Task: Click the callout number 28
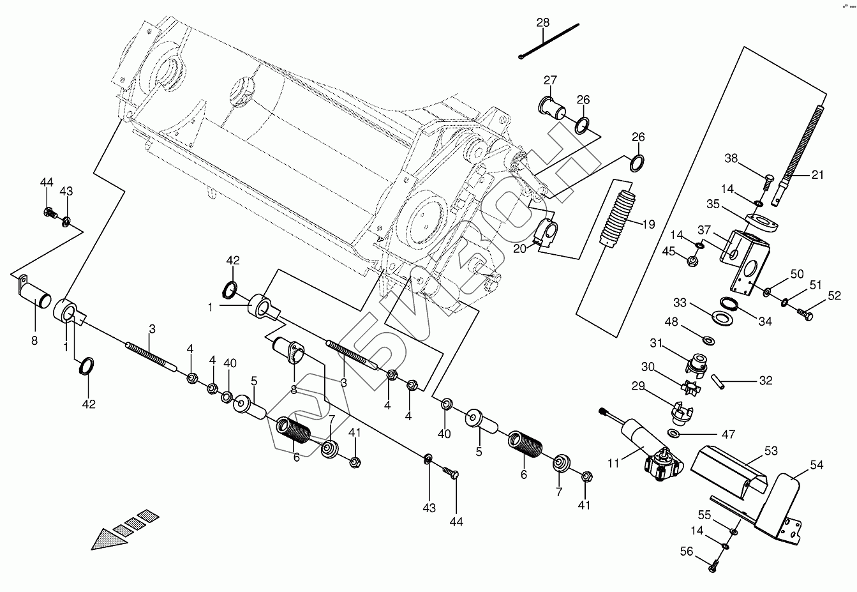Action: [542, 22]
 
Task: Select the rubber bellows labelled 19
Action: [616, 216]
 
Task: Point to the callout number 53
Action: [771, 452]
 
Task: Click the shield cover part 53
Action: [727, 466]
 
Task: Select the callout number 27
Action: [550, 80]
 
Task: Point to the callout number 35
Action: [713, 204]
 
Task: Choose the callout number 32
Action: [766, 381]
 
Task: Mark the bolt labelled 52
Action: [806, 314]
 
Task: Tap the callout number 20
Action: [519, 248]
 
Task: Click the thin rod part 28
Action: [549, 42]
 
